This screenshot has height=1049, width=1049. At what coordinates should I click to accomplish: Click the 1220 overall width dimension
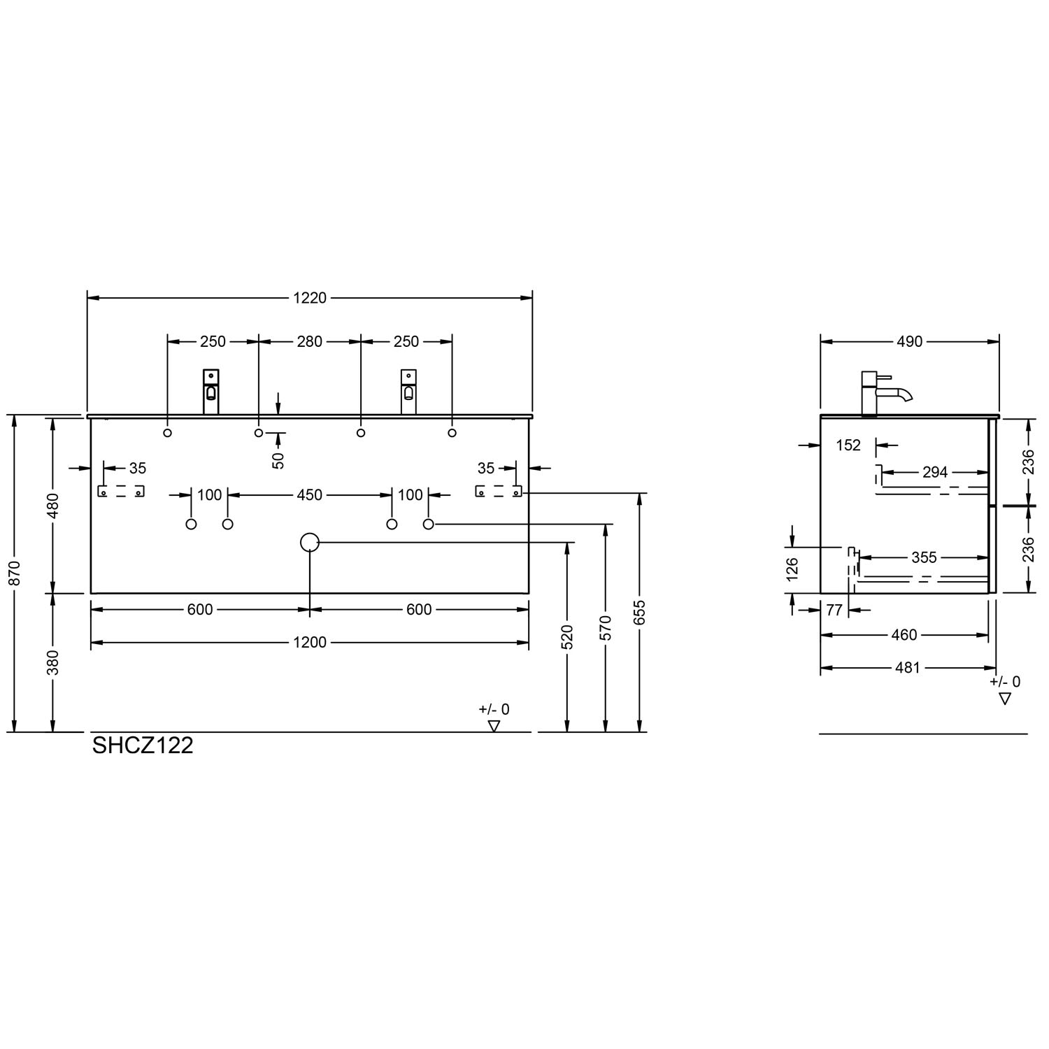pyautogui.click(x=310, y=298)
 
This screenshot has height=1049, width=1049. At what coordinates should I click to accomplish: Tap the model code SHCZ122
pyautogui.click(x=143, y=745)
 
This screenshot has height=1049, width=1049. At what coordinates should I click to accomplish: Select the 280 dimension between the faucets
pyautogui.click(x=310, y=341)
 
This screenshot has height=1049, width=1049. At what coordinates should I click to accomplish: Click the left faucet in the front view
pyautogui.click(x=211, y=392)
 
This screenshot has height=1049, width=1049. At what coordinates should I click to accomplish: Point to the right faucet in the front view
pyautogui.click(x=408, y=392)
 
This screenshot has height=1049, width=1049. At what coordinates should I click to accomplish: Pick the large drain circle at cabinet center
pyautogui.click(x=309, y=542)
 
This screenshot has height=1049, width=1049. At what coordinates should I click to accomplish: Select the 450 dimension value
pyautogui.click(x=310, y=495)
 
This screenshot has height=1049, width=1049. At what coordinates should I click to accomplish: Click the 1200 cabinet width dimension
pyautogui.click(x=310, y=642)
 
